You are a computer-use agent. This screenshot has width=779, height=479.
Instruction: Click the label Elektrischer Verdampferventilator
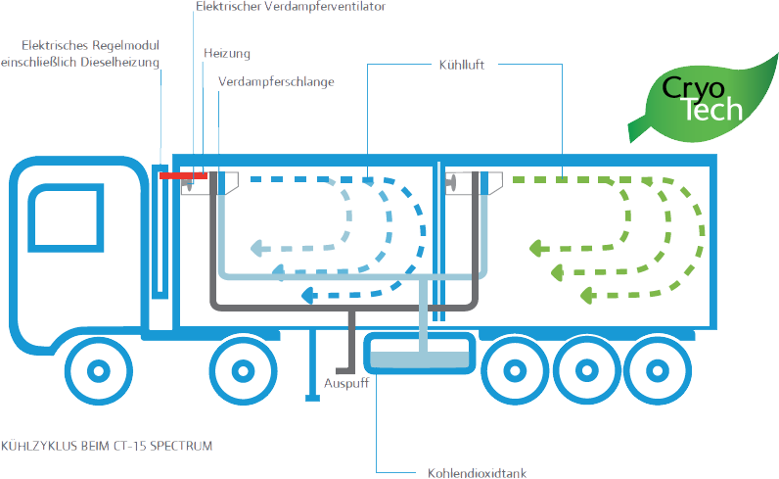291,7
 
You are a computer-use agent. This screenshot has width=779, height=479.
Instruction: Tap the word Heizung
227,54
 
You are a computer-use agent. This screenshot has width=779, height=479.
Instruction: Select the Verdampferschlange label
276,82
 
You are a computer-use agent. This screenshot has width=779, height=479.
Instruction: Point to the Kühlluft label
462,66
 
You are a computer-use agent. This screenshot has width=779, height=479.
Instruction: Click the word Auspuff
346,384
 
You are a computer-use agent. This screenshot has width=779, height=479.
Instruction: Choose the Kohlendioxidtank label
477,473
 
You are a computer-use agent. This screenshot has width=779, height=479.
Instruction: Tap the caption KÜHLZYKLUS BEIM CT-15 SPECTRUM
107,446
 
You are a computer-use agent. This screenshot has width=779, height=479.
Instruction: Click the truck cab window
67,217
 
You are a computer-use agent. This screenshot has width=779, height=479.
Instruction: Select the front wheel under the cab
99,370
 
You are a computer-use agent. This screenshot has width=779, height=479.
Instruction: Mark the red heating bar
183,175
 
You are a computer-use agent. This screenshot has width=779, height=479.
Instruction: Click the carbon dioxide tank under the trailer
420,354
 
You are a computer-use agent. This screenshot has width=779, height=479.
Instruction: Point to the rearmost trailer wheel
658,370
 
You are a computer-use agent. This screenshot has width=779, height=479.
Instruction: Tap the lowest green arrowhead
588,296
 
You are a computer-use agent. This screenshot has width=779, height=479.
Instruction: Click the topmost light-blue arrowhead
257,248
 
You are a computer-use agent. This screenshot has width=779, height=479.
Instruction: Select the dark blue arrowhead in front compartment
309,295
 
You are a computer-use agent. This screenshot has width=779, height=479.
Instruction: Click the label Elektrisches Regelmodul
90,46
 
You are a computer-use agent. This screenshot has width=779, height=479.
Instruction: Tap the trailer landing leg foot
312,398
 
